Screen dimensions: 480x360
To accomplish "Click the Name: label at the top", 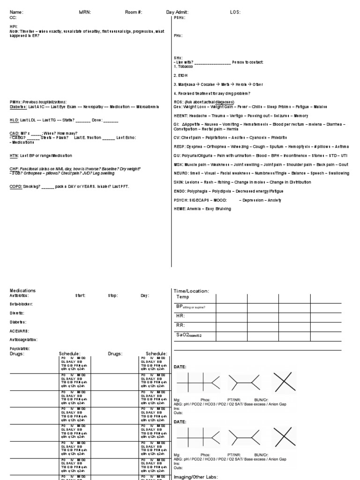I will pyautogui.click(x=16, y=12).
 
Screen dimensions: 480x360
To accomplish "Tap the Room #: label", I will pyautogui.click(x=134, y=12).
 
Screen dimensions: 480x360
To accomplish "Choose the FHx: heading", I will pyautogui.click(x=178, y=36).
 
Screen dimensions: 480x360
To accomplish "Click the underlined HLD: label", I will pyautogui.click(x=14, y=120).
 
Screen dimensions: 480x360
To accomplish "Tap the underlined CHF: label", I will pyautogui.click(x=14, y=168).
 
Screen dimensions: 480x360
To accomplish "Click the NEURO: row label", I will pyautogui.click(x=181, y=173).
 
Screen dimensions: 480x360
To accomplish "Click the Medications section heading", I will pyautogui.click(x=23, y=291).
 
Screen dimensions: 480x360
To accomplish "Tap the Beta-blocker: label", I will pyautogui.click(x=22, y=304).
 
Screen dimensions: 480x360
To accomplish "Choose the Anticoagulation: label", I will pyautogui.click(x=23, y=339).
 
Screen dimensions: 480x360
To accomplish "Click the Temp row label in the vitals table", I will pyautogui.click(x=182, y=297).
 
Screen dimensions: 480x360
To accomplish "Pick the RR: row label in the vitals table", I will pyautogui.click(x=181, y=325).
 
